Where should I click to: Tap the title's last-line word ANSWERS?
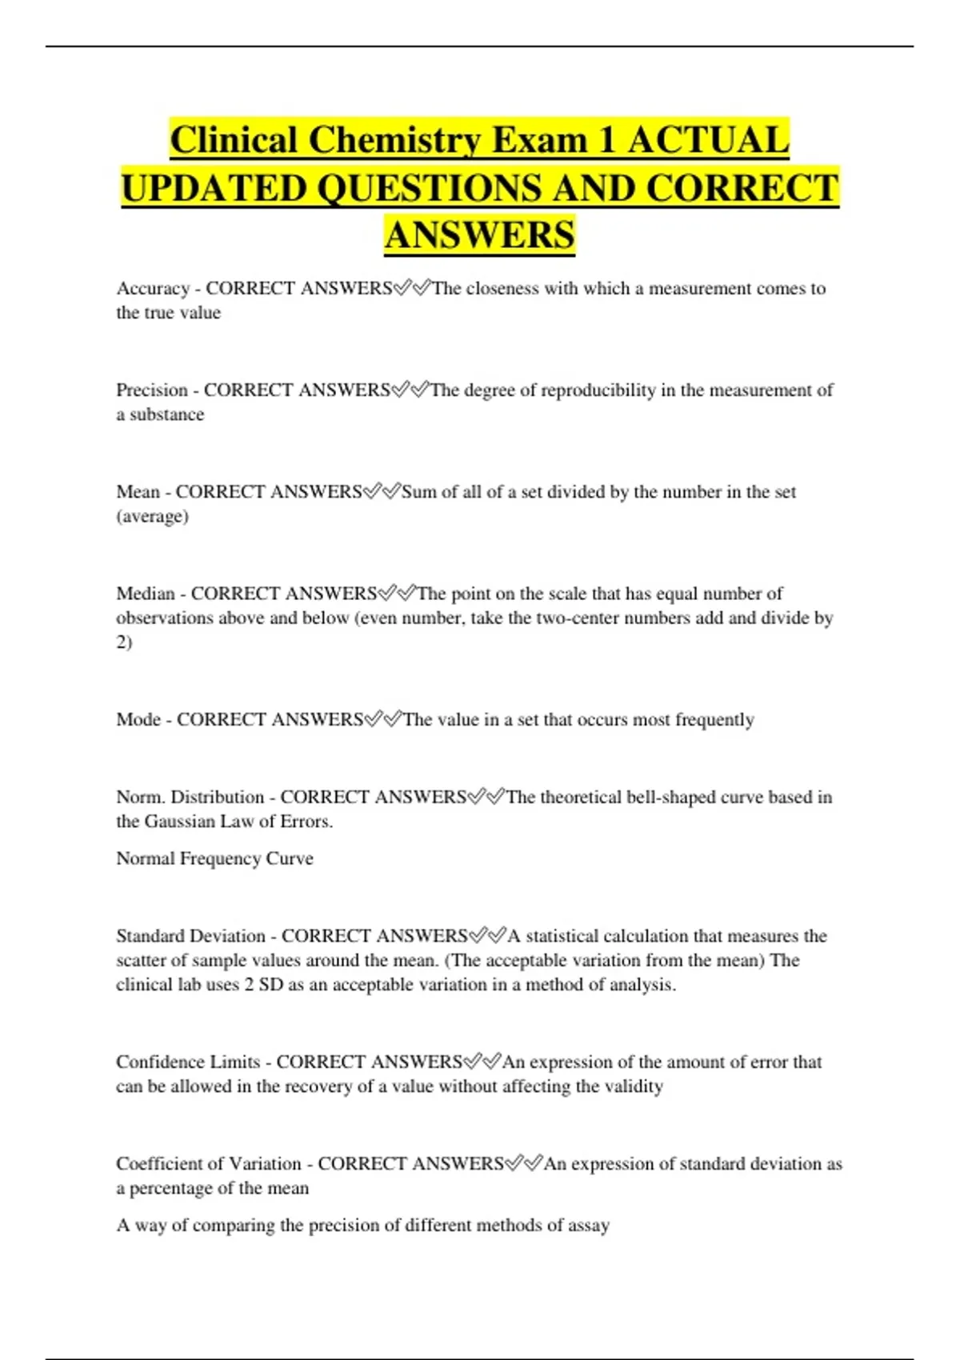pos(479,236)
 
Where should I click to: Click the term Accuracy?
pos(153,289)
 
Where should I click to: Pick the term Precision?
pos(152,390)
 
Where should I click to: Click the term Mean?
pos(138,492)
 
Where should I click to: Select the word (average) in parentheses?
pos(152,517)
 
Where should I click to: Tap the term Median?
pos(145,594)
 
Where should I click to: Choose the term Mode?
pos(138,720)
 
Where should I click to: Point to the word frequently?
pos(714,720)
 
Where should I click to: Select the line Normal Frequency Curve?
pos(214,858)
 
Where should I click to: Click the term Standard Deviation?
pos(190,936)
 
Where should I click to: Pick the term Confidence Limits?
pos(188,1062)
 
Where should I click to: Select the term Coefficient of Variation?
pos(208,1164)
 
